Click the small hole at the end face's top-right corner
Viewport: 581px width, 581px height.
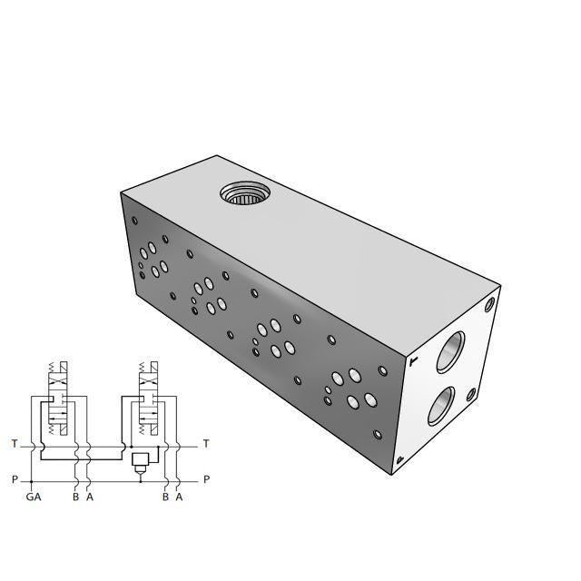point(490,304)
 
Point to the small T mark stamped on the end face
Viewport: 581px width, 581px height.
point(414,361)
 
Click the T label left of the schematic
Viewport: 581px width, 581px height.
point(14,444)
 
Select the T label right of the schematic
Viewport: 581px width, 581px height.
point(206,444)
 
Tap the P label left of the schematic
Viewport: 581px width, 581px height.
point(14,479)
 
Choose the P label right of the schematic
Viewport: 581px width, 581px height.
point(206,479)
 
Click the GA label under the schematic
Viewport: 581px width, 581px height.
point(33,497)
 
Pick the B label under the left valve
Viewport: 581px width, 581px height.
point(75,497)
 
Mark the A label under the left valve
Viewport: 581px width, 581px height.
point(89,497)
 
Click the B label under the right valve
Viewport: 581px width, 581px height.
point(164,497)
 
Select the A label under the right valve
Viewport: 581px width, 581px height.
point(179,497)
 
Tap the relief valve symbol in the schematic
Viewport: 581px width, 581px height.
point(140,460)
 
